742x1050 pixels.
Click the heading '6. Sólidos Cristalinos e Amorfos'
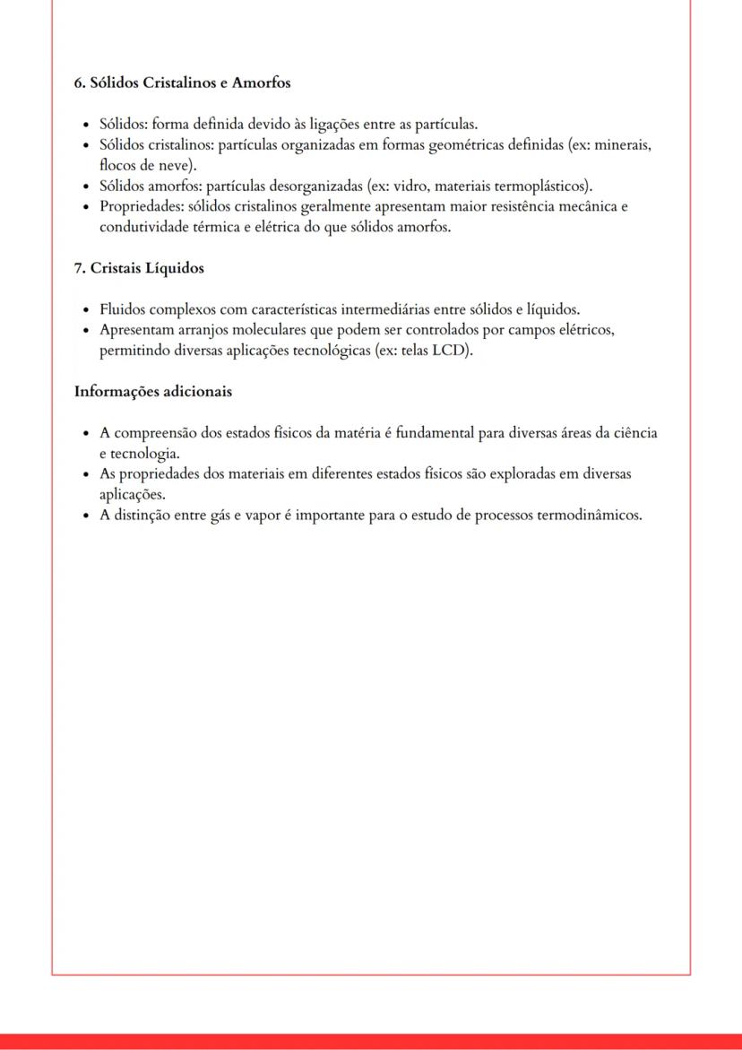point(182,82)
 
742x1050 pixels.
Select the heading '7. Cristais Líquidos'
point(139,268)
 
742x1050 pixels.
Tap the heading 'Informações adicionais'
point(153,391)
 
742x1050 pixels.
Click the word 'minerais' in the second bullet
point(622,145)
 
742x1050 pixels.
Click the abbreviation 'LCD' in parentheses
point(450,351)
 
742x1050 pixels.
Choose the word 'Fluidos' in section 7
point(123,310)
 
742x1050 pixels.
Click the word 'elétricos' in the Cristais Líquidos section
point(585,330)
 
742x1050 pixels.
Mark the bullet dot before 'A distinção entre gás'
point(85,516)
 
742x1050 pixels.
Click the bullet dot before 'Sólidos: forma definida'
point(85,126)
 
